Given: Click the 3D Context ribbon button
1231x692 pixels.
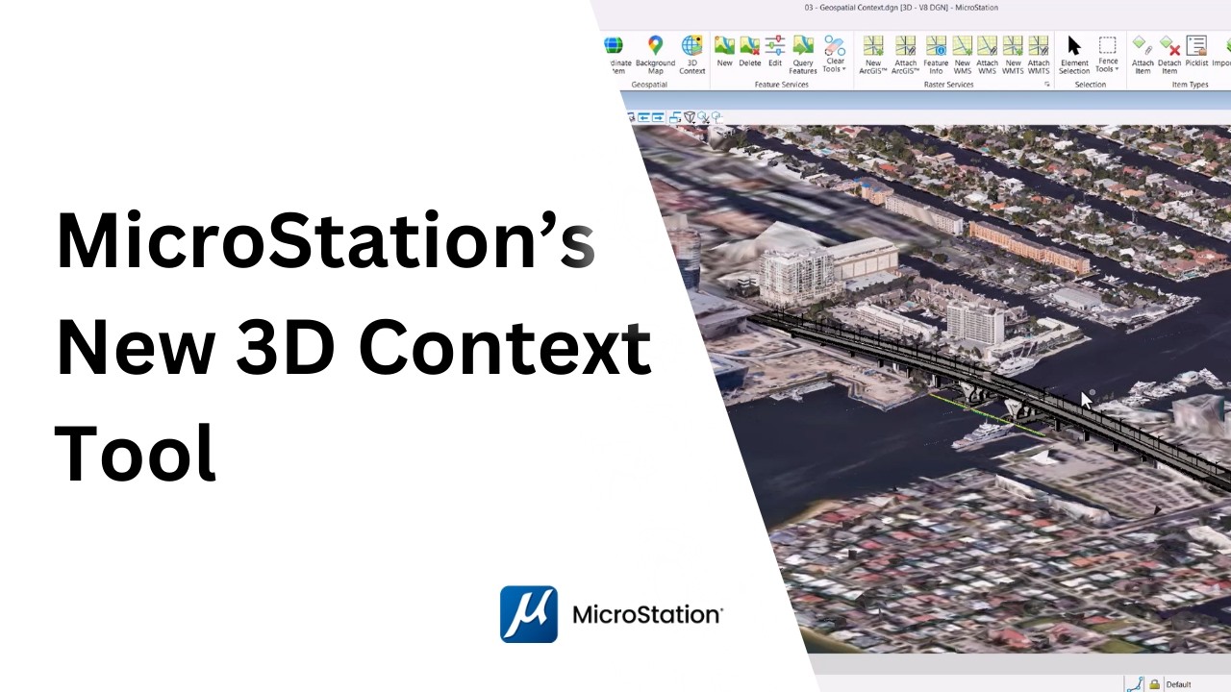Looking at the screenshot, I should pos(691,54).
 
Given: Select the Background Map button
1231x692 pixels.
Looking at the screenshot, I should pos(655,54).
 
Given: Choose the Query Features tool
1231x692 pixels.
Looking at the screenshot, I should pos(803,54).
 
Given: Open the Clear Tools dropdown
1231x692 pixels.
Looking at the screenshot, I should pos(834,54).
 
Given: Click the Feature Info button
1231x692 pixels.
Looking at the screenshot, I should pos(936,54).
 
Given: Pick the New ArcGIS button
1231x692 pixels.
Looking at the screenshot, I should pos(872,54).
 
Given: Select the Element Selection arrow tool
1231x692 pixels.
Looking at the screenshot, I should pos(1074,54).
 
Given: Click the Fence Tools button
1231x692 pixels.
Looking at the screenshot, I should pos(1107,54).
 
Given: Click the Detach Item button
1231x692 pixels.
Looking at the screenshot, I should pos(1169,54).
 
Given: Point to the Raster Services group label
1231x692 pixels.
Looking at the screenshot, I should pos(947,85).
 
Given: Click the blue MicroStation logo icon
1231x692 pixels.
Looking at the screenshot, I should pos(528,614).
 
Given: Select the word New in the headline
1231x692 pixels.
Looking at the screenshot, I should pos(136,348).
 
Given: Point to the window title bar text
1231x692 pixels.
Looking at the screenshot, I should pos(901,8).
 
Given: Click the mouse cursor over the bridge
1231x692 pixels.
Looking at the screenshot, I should pos(1086,399).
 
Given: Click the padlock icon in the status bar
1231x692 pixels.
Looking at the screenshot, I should pos(1154,684).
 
